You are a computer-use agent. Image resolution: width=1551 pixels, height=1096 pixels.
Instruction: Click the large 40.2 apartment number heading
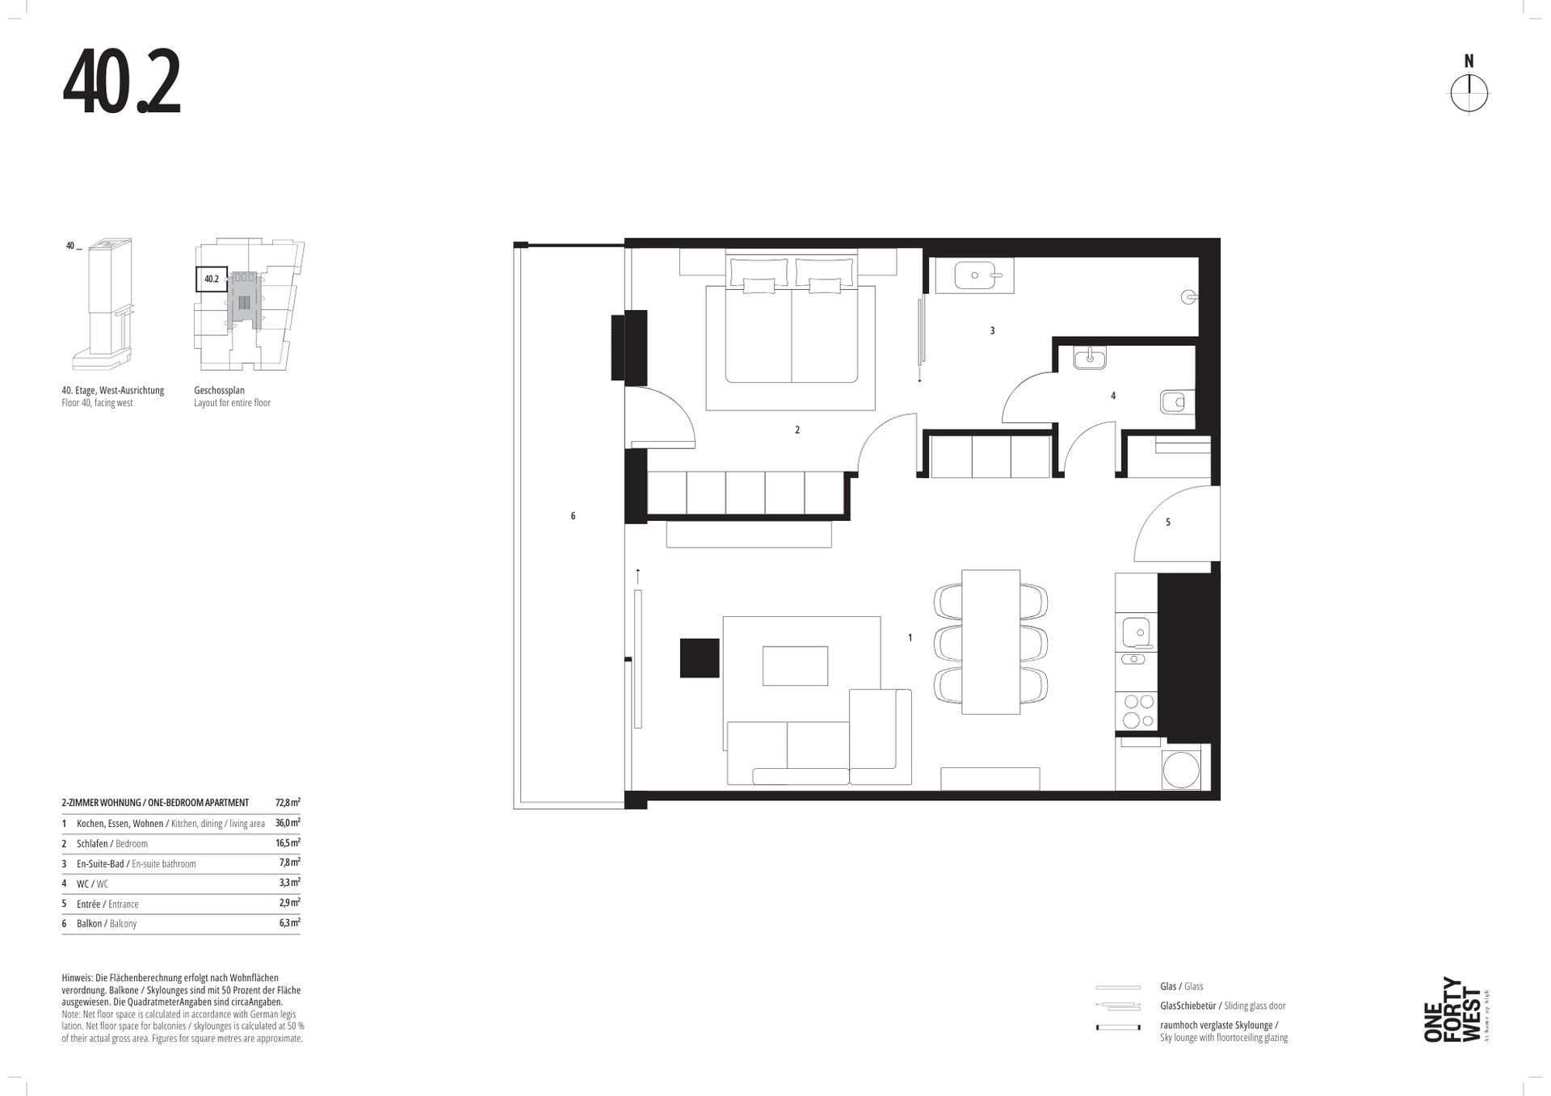point(121,82)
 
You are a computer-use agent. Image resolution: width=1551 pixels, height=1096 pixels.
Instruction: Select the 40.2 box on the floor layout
point(212,279)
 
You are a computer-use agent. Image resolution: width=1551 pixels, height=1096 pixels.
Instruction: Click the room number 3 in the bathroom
point(992,330)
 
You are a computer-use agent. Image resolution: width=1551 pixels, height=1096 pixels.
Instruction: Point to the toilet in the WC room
point(1177,401)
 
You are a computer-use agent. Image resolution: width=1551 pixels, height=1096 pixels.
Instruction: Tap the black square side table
point(700,658)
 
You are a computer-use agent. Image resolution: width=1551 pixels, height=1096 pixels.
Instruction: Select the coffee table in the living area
point(795,666)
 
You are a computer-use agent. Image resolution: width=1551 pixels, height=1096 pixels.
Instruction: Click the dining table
point(990,642)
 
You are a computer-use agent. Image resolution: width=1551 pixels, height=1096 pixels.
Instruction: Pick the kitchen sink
point(1136,632)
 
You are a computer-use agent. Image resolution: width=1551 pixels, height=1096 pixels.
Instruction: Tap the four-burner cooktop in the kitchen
point(1137,711)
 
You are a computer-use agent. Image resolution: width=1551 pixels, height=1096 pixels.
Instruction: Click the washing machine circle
point(1180,771)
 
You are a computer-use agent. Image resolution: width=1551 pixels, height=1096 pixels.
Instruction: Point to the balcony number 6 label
point(573,515)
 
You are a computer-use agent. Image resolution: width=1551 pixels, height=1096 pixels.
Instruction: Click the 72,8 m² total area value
point(288,803)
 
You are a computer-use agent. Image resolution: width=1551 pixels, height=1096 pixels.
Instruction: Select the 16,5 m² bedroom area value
point(288,842)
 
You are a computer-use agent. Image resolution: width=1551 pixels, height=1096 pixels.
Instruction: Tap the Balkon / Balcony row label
point(107,923)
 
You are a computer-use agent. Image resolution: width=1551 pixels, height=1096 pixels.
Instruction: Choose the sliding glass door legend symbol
point(1118,1006)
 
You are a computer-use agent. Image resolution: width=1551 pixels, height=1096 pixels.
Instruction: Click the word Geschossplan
point(219,390)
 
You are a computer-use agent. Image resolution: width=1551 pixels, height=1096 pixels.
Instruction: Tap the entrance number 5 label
point(1167,523)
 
